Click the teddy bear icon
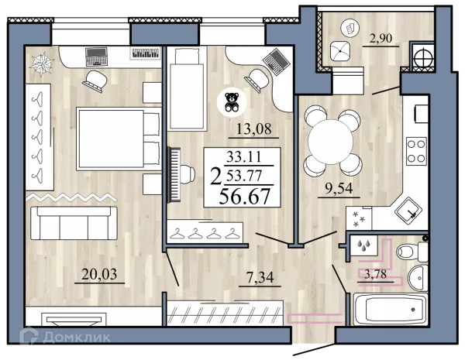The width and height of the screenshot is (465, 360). coord(232,102)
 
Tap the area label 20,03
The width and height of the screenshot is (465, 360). coord(99,274)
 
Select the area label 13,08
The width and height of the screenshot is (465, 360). coord(253,129)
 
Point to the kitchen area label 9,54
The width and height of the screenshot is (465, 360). coord(339,188)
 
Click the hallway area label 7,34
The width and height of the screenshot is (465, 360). coord(260,278)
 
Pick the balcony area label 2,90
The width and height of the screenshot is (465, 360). coord(381,38)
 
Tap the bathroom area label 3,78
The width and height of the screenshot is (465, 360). coord(375,274)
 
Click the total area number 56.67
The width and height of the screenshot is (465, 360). coord(244,197)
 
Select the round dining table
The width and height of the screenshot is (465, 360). coord(331,142)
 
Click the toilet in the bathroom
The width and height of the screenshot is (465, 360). coord(412,252)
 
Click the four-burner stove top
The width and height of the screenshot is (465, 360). coord(416,151)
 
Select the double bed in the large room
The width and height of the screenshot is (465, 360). coord(118,139)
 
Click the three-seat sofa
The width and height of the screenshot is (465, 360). coord(74,223)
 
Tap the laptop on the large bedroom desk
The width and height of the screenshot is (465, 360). coord(96,57)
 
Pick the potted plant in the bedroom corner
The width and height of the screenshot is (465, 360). coord(42,64)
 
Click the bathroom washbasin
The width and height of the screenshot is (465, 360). coord(418,278)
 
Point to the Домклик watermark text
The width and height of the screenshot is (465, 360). coord(77,338)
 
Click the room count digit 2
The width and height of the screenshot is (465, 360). coord(215,177)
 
